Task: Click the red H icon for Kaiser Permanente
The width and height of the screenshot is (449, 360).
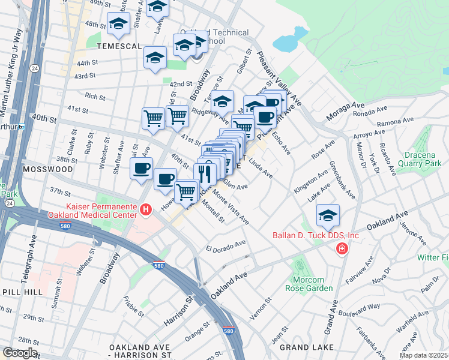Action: coord(145,209)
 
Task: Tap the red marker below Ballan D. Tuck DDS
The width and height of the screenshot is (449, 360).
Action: coord(342,248)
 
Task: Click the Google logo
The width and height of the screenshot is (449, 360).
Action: coord(19,353)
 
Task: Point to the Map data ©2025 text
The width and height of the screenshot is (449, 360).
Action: coord(423,355)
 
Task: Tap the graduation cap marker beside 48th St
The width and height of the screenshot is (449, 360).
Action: coord(119,24)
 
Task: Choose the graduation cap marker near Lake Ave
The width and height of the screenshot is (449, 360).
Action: coord(328,215)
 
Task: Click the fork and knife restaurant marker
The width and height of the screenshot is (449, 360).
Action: coord(206,174)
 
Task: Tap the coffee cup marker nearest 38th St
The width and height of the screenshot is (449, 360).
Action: coord(141,169)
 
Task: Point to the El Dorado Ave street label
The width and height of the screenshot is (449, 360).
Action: coord(226,246)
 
